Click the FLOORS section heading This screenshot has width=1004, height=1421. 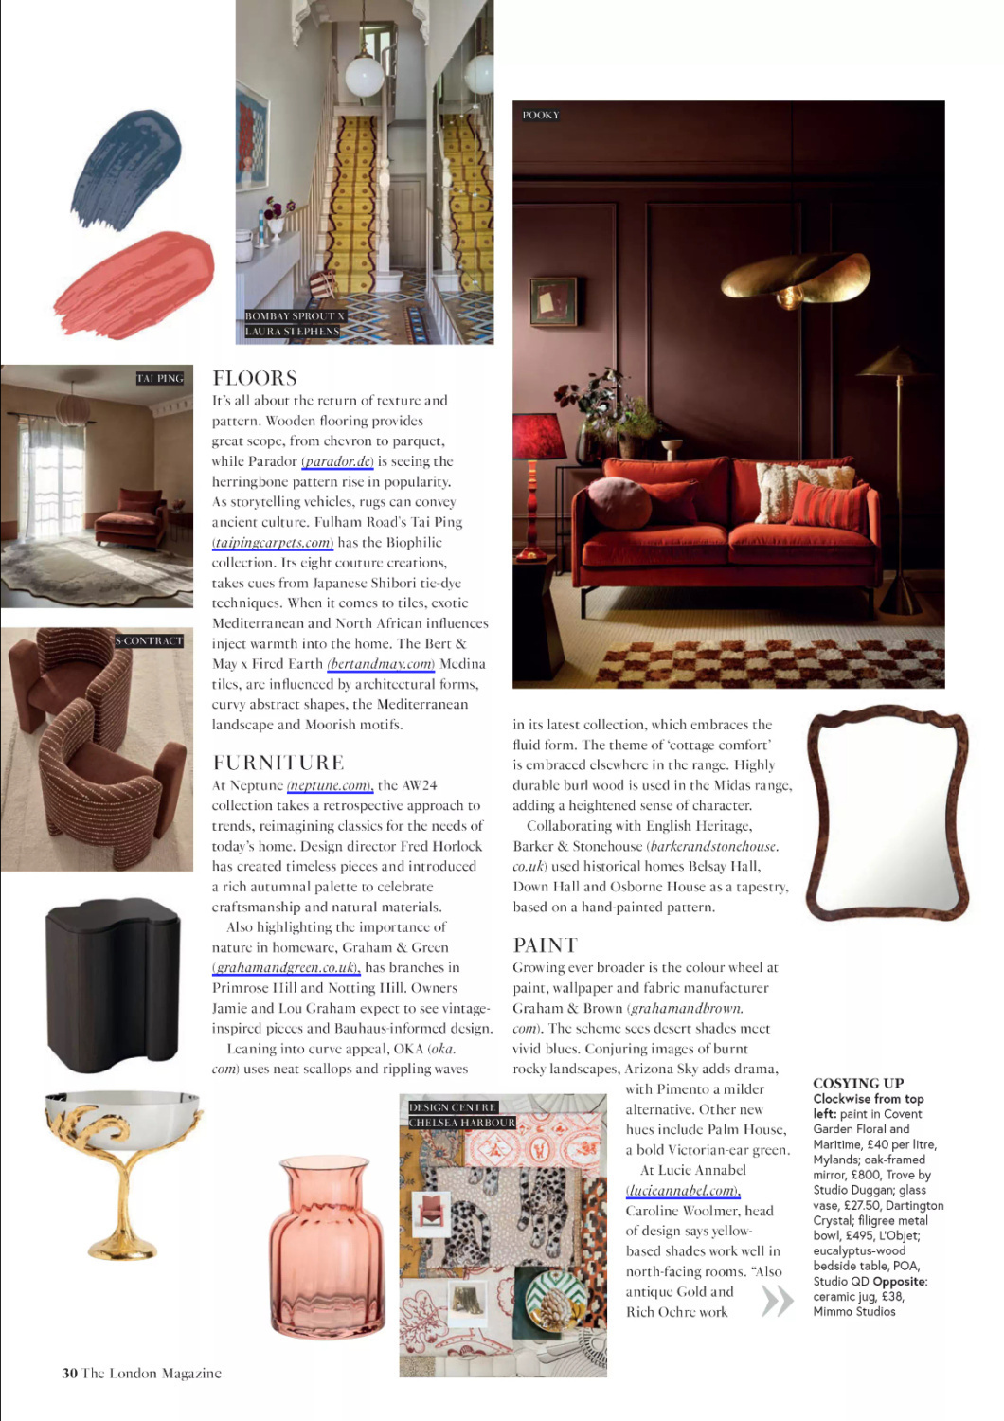click(x=255, y=378)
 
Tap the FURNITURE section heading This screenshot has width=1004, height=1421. click(x=278, y=763)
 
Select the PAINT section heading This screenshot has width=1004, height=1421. click(x=545, y=944)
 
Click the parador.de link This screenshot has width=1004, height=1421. click(x=337, y=461)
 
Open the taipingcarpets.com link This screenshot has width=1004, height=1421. click(x=273, y=543)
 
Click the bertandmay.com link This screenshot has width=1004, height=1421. click(x=381, y=664)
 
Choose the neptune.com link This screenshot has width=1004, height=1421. click(x=329, y=785)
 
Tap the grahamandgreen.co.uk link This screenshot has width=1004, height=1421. click(x=286, y=967)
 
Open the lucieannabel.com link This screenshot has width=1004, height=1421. click(x=683, y=1191)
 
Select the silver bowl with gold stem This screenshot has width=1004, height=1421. click(x=123, y=1166)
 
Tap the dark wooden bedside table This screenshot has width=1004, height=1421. click(x=113, y=984)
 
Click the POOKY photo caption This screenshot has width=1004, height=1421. click(x=541, y=116)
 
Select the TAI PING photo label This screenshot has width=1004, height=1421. click(x=160, y=378)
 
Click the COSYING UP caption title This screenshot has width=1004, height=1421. click(x=858, y=1083)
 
